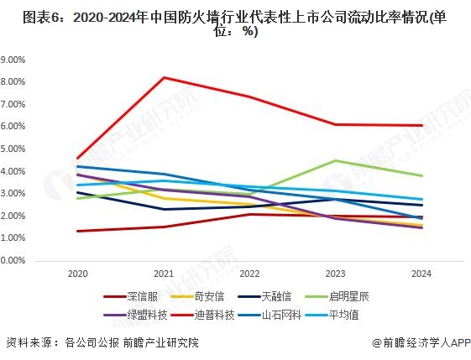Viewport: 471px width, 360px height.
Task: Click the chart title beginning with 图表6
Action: pyautogui.click(x=235, y=23)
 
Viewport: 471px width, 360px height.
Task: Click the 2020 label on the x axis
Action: pyautogui.click(x=77, y=274)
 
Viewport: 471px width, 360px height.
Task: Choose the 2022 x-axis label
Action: pyautogui.click(x=249, y=274)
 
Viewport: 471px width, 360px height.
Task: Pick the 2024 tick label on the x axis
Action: pyautogui.click(x=421, y=274)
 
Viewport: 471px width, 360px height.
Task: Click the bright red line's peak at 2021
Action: pyautogui.click(x=164, y=77)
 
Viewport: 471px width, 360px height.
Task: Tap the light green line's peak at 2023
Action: pyautogui.click(x=336, y=160)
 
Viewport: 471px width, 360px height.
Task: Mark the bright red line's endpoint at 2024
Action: pyautogui.click(x=421, y=125)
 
